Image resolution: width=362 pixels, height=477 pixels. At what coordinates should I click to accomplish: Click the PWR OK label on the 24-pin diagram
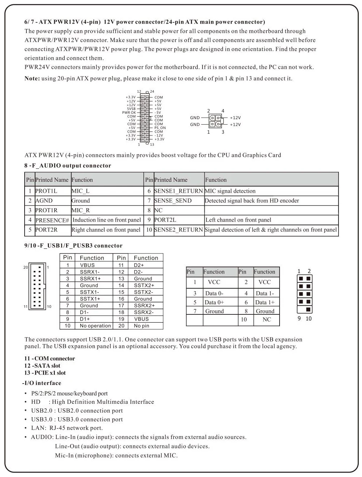click(129, 113)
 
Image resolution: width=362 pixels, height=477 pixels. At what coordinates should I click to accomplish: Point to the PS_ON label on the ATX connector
click(160, 128)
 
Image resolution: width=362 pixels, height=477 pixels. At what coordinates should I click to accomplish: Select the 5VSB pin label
click(131, 109)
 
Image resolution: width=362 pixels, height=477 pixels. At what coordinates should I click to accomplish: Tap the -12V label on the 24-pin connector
click(158, 135)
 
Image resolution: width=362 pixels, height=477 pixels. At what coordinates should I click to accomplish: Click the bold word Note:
click(32, 79)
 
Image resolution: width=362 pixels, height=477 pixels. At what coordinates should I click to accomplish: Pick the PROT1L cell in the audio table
click(46, 191)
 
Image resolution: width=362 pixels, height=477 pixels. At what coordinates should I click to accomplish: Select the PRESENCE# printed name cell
click(52, 220)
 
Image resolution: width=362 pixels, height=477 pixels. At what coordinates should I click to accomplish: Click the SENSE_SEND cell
click(173, 201)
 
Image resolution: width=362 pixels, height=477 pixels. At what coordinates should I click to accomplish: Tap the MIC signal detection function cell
click(230, 191)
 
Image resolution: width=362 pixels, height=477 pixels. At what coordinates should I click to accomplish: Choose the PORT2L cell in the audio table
click(165, 220)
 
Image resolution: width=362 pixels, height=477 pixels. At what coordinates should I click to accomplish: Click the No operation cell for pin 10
click(95, 326)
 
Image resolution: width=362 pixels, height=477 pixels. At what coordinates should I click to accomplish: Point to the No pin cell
click(141, 326)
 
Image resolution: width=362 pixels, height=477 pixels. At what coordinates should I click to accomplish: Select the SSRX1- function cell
click(90, 272)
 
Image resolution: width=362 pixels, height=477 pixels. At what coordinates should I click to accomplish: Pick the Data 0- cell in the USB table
click(214, 293)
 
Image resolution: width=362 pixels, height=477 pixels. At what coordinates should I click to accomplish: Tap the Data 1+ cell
click(265, 302)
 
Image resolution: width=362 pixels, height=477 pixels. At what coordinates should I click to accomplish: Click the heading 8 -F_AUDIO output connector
click(68, 166)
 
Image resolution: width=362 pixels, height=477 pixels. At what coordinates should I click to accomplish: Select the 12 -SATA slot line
click(42, 366)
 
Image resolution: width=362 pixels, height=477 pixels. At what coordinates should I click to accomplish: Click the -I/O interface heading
click(42, 383)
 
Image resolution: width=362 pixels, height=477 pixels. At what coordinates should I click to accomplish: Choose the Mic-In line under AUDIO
click(116, 456)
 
